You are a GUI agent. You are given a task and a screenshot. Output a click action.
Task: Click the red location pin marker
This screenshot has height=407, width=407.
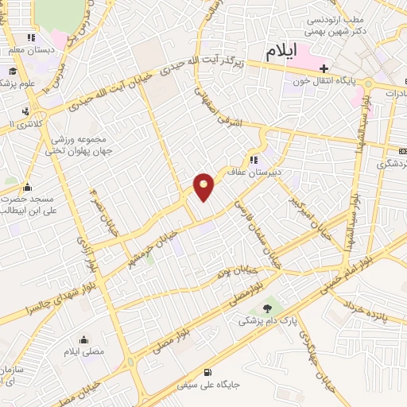point(204,187)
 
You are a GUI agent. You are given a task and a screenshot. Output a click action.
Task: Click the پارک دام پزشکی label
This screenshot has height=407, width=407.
point(269,321)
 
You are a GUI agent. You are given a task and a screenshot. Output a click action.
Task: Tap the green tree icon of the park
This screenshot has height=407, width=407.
point(267,308)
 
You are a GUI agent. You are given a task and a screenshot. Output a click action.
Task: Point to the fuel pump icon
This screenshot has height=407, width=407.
point(208,372)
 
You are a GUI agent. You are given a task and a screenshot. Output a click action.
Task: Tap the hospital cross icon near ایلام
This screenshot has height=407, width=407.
point(324,70)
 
